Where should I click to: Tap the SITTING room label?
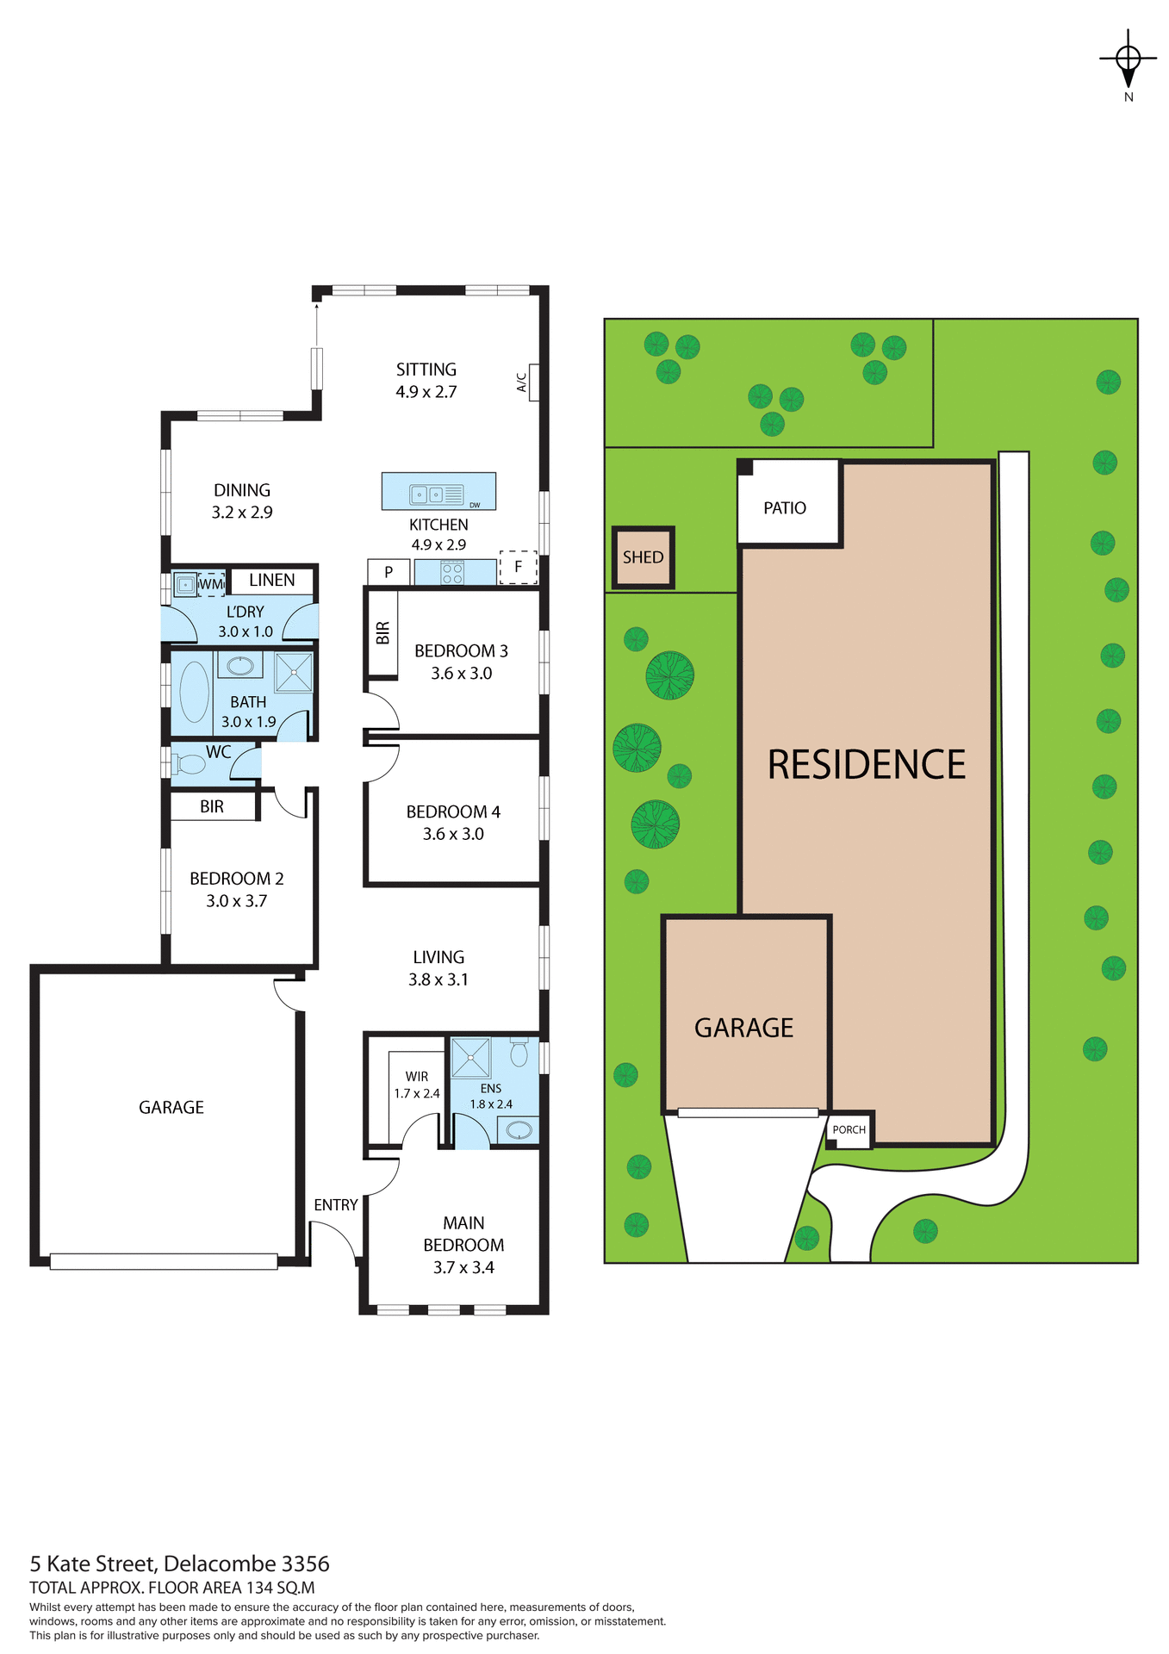pos(426,370)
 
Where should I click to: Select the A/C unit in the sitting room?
pos(534,382)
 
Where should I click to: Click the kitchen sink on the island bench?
pos(427,494)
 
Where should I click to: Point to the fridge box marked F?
pos(518,567)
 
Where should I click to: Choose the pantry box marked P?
pos(389,572)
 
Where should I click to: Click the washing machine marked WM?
pos(211,584)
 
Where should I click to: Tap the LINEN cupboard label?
pos(272,581)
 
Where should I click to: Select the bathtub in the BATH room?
pos(194,692)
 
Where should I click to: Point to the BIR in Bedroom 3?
pos(383,633)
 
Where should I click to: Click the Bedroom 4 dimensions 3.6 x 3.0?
pos(453,834)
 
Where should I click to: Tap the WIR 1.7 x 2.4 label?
pos(417,1085)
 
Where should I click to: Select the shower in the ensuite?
pos(471,1058)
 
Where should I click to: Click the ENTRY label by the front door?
pos(335,1205)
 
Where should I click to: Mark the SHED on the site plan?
pos(643,557)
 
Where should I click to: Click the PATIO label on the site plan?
pos(785,508)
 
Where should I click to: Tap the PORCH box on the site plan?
pos(849,1129)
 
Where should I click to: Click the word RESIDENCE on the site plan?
pos(866,765)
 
